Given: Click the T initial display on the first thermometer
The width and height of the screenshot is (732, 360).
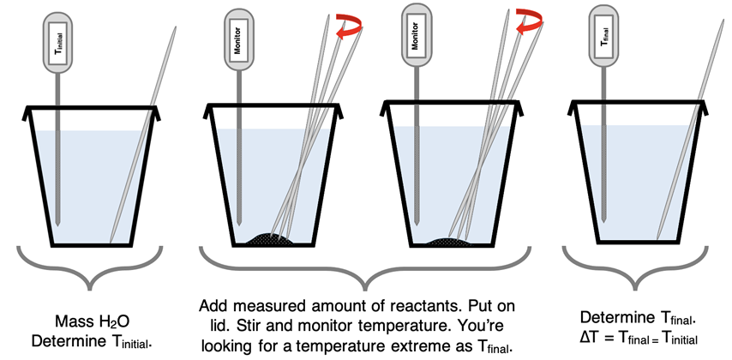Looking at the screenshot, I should click(58, 39).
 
